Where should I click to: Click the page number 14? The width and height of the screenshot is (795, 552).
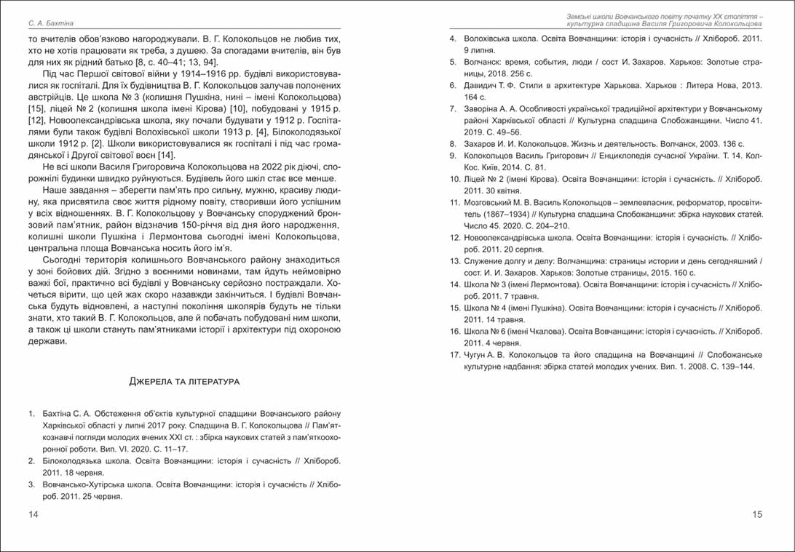click(x=33, y=515)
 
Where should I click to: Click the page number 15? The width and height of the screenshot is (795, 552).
click(x=757, y=515)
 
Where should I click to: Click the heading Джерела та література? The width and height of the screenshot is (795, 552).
click(x=184, y=381)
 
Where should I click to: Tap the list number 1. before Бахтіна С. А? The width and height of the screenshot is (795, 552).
click(x=32, y=414)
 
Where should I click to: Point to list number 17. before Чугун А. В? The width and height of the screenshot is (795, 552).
click(x=453, y=355)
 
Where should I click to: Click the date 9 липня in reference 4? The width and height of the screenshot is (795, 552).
click(x=478, y=49)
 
